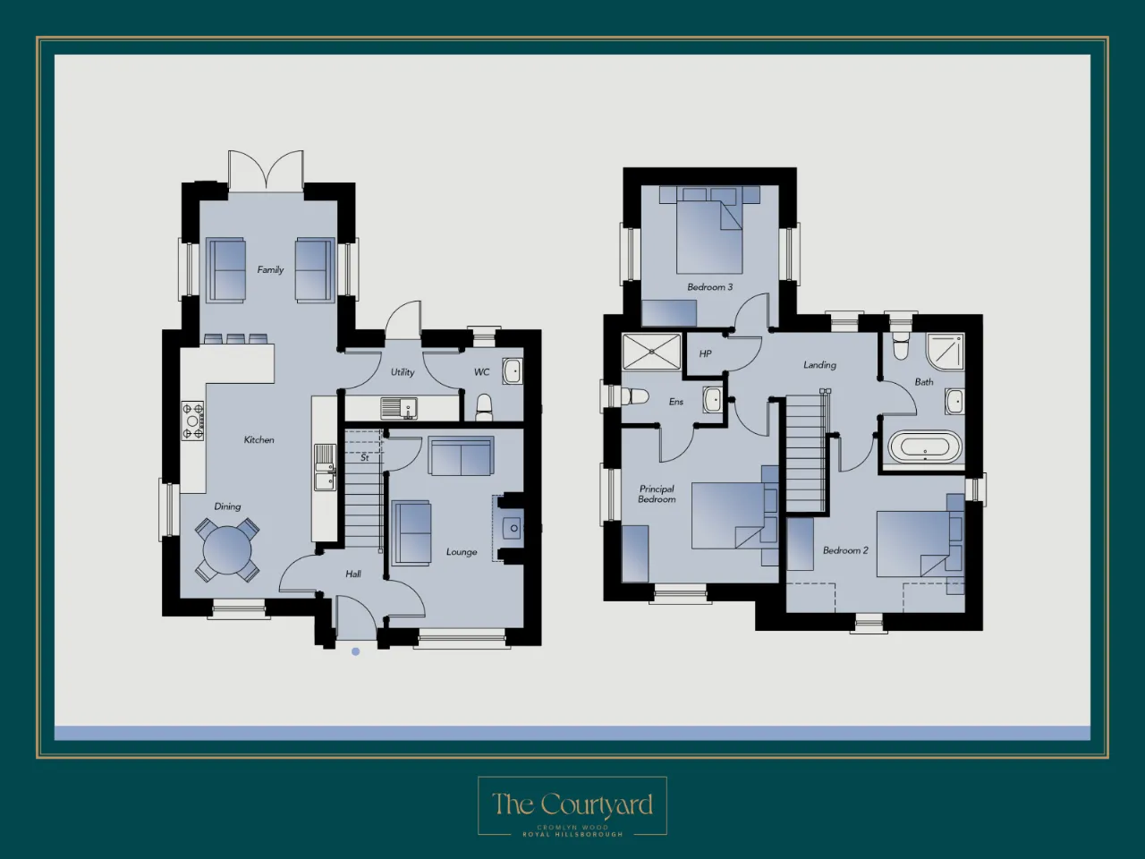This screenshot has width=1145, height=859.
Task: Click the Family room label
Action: point(270,269)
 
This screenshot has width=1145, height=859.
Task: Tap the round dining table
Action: point(227,549)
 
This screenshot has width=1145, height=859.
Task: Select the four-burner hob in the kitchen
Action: point(192,421)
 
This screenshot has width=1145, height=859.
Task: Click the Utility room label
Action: point(403,372)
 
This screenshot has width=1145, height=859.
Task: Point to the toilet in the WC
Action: point(484,407)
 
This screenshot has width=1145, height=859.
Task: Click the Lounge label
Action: point(462,552)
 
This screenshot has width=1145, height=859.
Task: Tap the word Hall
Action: point(353,574)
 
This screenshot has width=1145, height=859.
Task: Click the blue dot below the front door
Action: point(356,651)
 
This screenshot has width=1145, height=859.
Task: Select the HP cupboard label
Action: point(705,353)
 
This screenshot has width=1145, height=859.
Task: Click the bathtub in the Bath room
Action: point(924,447)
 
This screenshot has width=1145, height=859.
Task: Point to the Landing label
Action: point(819,365)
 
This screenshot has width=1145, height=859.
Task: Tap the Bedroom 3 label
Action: point(710,287)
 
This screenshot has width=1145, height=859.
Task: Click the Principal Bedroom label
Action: point(657,494)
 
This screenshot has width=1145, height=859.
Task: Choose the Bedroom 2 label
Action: point(845,550)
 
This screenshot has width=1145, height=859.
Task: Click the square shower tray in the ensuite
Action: point(651,352)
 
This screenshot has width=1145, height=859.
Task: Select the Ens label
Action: point(676,402)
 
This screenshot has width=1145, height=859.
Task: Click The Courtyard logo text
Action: point(572,804)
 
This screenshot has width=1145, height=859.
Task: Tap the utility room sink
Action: point(399,408)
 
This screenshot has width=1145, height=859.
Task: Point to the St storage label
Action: point(365,457)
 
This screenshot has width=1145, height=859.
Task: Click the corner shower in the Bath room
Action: point(946,352)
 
